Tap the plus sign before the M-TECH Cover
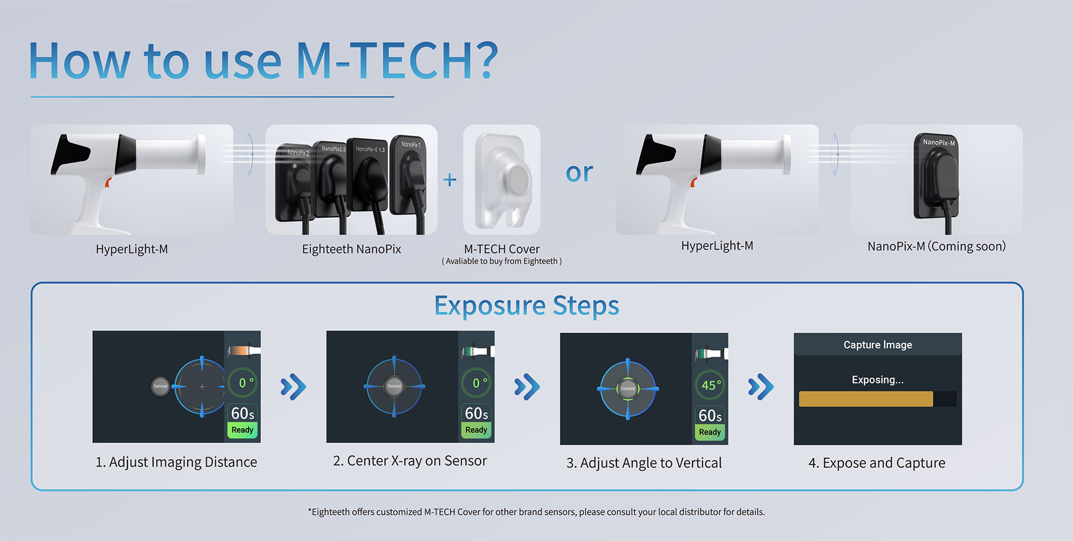pos(450,179)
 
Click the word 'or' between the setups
pos(579,172)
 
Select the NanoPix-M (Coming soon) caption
pos(937,246)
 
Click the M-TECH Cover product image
pos(502,180)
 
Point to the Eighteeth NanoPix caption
pos(352,249)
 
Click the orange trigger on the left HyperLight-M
pos(108,182)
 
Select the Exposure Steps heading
pos(526,306)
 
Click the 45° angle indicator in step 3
pos(711,385)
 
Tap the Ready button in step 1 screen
pos(242,430)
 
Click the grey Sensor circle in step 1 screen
pos(160,386)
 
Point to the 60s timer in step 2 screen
pos(476,414)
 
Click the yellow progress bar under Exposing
pos(866,399)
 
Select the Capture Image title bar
pos(877,345)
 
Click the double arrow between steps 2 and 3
pos(527,386)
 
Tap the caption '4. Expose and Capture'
pos(876,463)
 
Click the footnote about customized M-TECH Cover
pos(536,512)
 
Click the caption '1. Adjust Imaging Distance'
pos(176,462)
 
